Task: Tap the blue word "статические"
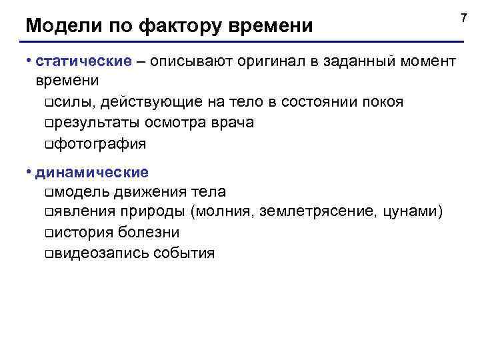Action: point(84,62)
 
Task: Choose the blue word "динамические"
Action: point(92,172)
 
